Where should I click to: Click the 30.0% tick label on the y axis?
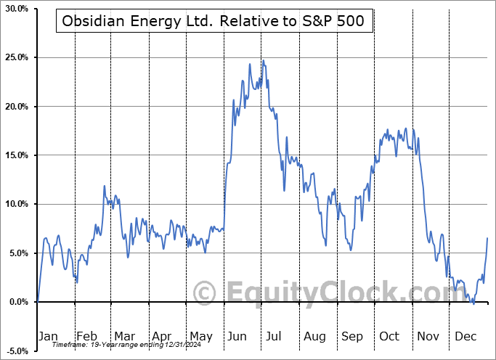tap(17, 9)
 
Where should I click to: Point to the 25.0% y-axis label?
tap(17, 57)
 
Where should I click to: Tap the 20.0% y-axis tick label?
tap(17, 107)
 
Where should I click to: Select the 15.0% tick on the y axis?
tap(17, 155)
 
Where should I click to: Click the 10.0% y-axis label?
tap(17, 204)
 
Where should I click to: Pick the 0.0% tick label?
tap(18, 302)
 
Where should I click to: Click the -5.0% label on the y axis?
tap(17, 351)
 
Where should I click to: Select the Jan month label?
tap(49, 336)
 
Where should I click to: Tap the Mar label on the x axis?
tap(125, 336)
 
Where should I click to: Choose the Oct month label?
tap(389, 336)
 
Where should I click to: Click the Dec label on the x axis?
tap(465, 336)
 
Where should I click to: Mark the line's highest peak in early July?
tap(263, 60)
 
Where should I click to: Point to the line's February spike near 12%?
tap(105, 187)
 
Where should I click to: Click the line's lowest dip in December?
tap(473, 303)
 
